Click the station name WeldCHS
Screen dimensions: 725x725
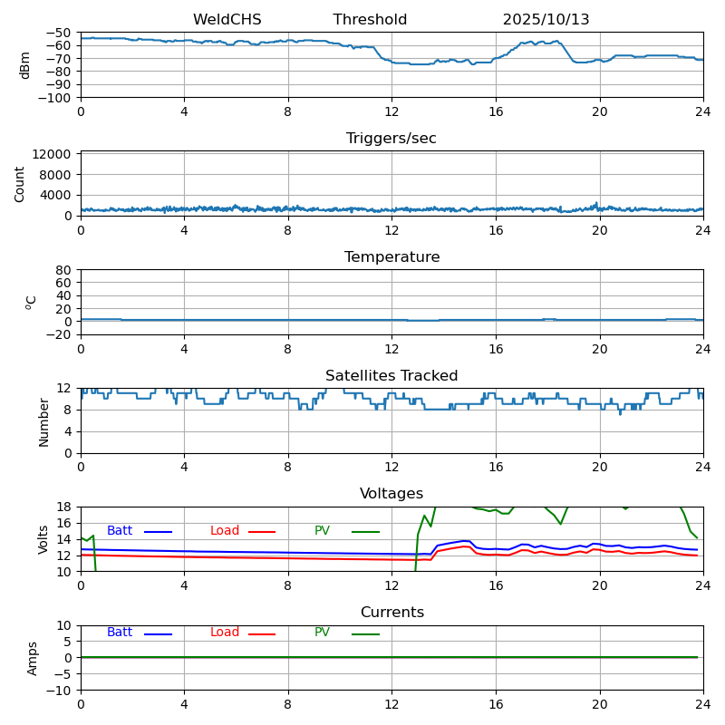(x=227, y=20)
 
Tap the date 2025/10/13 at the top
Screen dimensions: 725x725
(x=546, y=20)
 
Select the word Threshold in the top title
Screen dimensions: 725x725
(x=370, y=20)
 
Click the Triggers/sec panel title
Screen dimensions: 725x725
(x=391, y=139)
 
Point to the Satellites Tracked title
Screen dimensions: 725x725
(x=391, y=376)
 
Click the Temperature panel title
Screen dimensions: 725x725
(x=391, y=257)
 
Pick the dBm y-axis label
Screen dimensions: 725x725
(x=25, y=64)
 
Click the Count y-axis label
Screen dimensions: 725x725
(x=20, y=183)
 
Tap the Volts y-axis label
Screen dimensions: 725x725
(x=43, y=539)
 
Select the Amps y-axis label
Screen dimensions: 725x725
(x=33, y=658)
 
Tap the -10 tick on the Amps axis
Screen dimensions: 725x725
(x=59, y=691)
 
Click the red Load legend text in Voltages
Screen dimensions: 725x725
(x=225, y=531)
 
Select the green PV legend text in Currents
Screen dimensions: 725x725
(x=322, y=633)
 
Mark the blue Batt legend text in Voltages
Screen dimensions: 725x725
(x=120, y=531)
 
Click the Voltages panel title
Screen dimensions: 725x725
(x=391, y=494)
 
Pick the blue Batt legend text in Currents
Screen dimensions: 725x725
(x=120, y=633)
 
